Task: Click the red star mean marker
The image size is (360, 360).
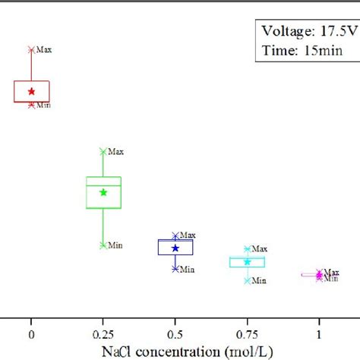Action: click(31, 91)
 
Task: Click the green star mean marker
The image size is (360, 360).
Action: click(103, 192)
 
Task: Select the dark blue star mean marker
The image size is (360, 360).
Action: click(175, 248)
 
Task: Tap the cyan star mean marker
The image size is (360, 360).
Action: click(247, 262)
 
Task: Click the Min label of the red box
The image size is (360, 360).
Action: click(44, 105)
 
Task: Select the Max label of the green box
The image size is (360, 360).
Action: click(115, 151)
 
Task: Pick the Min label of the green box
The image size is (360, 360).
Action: click(115, 245)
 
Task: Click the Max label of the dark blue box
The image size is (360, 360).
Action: click(188, 236)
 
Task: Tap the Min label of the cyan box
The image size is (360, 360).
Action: click(259, 281)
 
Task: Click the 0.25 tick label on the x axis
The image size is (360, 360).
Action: click(103, 334)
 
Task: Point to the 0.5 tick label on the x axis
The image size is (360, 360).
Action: click(175, 334)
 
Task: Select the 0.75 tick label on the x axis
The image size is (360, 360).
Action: click(247, 334)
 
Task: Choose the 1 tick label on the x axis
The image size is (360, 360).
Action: click(319, 334)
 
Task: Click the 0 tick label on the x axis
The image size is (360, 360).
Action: click(31, 334)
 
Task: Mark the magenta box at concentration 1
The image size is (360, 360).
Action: click(312, 275)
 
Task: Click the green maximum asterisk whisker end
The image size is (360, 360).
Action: click(103, 151)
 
